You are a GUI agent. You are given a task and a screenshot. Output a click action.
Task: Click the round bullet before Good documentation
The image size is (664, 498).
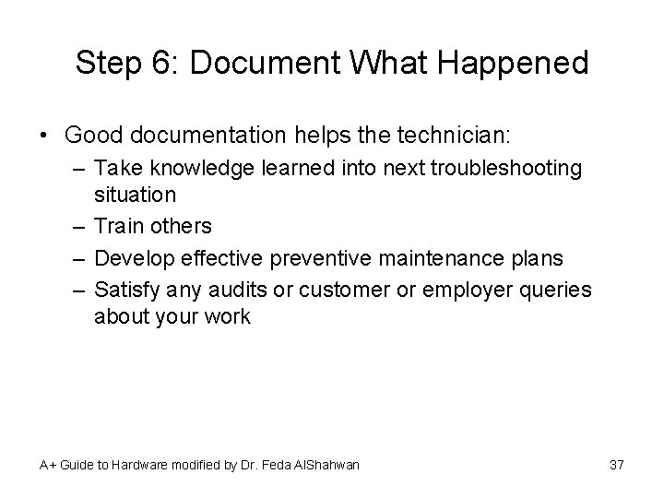coord(45,136)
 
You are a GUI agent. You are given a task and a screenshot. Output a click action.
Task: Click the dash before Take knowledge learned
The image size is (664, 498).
coord(77,168)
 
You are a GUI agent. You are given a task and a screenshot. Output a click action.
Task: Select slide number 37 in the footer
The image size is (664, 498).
coord(617,465)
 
